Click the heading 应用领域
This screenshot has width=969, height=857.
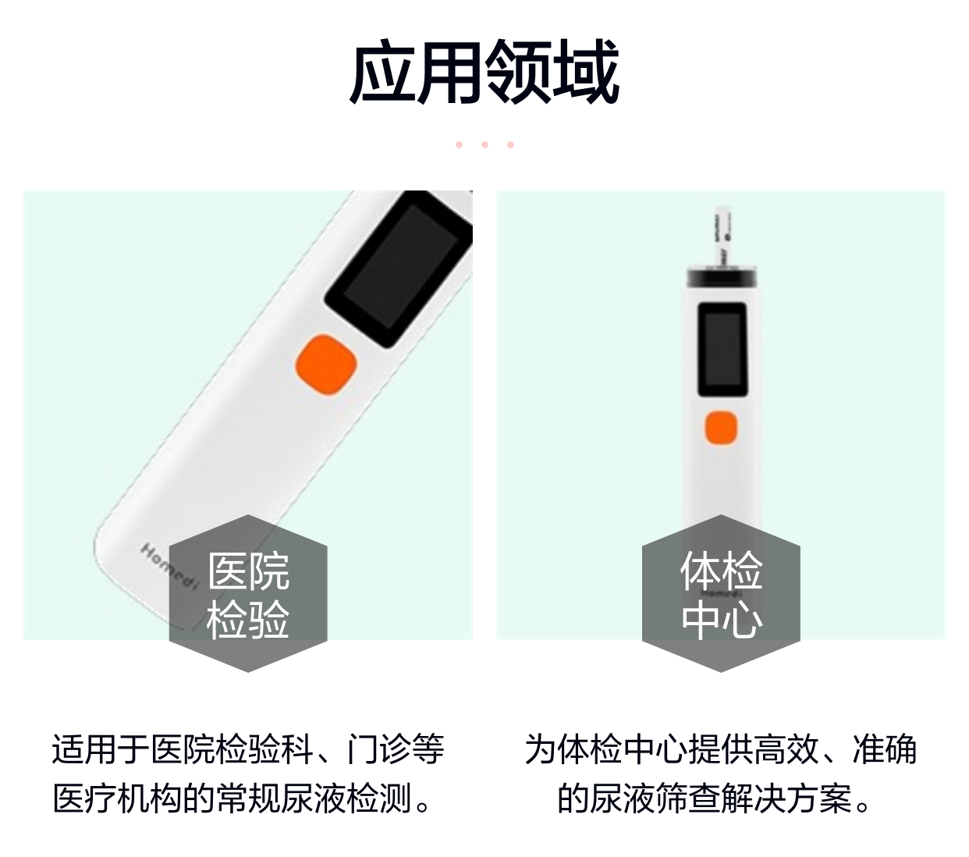[x=484, y=73]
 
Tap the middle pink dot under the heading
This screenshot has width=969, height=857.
[x=485, y=144]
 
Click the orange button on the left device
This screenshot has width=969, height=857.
[x=326, y=364]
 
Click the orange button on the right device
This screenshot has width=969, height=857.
[x=721, y=427]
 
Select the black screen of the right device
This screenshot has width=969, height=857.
[x=722, y=350]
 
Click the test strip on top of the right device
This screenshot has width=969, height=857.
[x=722, y=236]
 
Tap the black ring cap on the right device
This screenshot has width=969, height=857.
[x=722, y=276]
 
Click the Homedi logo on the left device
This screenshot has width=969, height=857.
[x=169, y=567]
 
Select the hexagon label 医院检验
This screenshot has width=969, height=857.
[x=248, y=594]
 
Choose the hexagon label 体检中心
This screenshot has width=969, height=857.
[x=721, y=594]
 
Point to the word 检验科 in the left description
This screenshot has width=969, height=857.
[x=264, y=750]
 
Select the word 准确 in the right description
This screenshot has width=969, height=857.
[x=885, y=750]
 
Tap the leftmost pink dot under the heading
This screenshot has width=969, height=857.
[x=460, y=144]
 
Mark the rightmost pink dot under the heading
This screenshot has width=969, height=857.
[x=511, y=144]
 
